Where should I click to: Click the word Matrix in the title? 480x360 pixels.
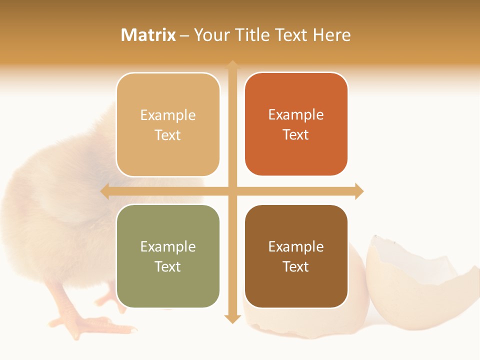tap(148, 35)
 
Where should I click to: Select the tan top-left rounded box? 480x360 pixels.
tap(168, 125)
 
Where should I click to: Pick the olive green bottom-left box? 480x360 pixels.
tap(168, 256)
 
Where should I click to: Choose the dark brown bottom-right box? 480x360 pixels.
tap(296, 256)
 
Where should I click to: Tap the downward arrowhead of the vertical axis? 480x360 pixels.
tap(232, 318)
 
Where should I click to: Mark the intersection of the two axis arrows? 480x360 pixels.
tap(232, 191)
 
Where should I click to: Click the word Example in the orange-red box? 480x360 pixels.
tap(296, 114)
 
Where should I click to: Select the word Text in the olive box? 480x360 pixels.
tap(168, 266)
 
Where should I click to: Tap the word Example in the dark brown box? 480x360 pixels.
tap(296, 246)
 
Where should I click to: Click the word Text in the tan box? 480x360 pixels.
tap(168, 135)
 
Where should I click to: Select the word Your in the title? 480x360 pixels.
tap(210, 35)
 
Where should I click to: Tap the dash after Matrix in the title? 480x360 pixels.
tap(184, 35)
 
